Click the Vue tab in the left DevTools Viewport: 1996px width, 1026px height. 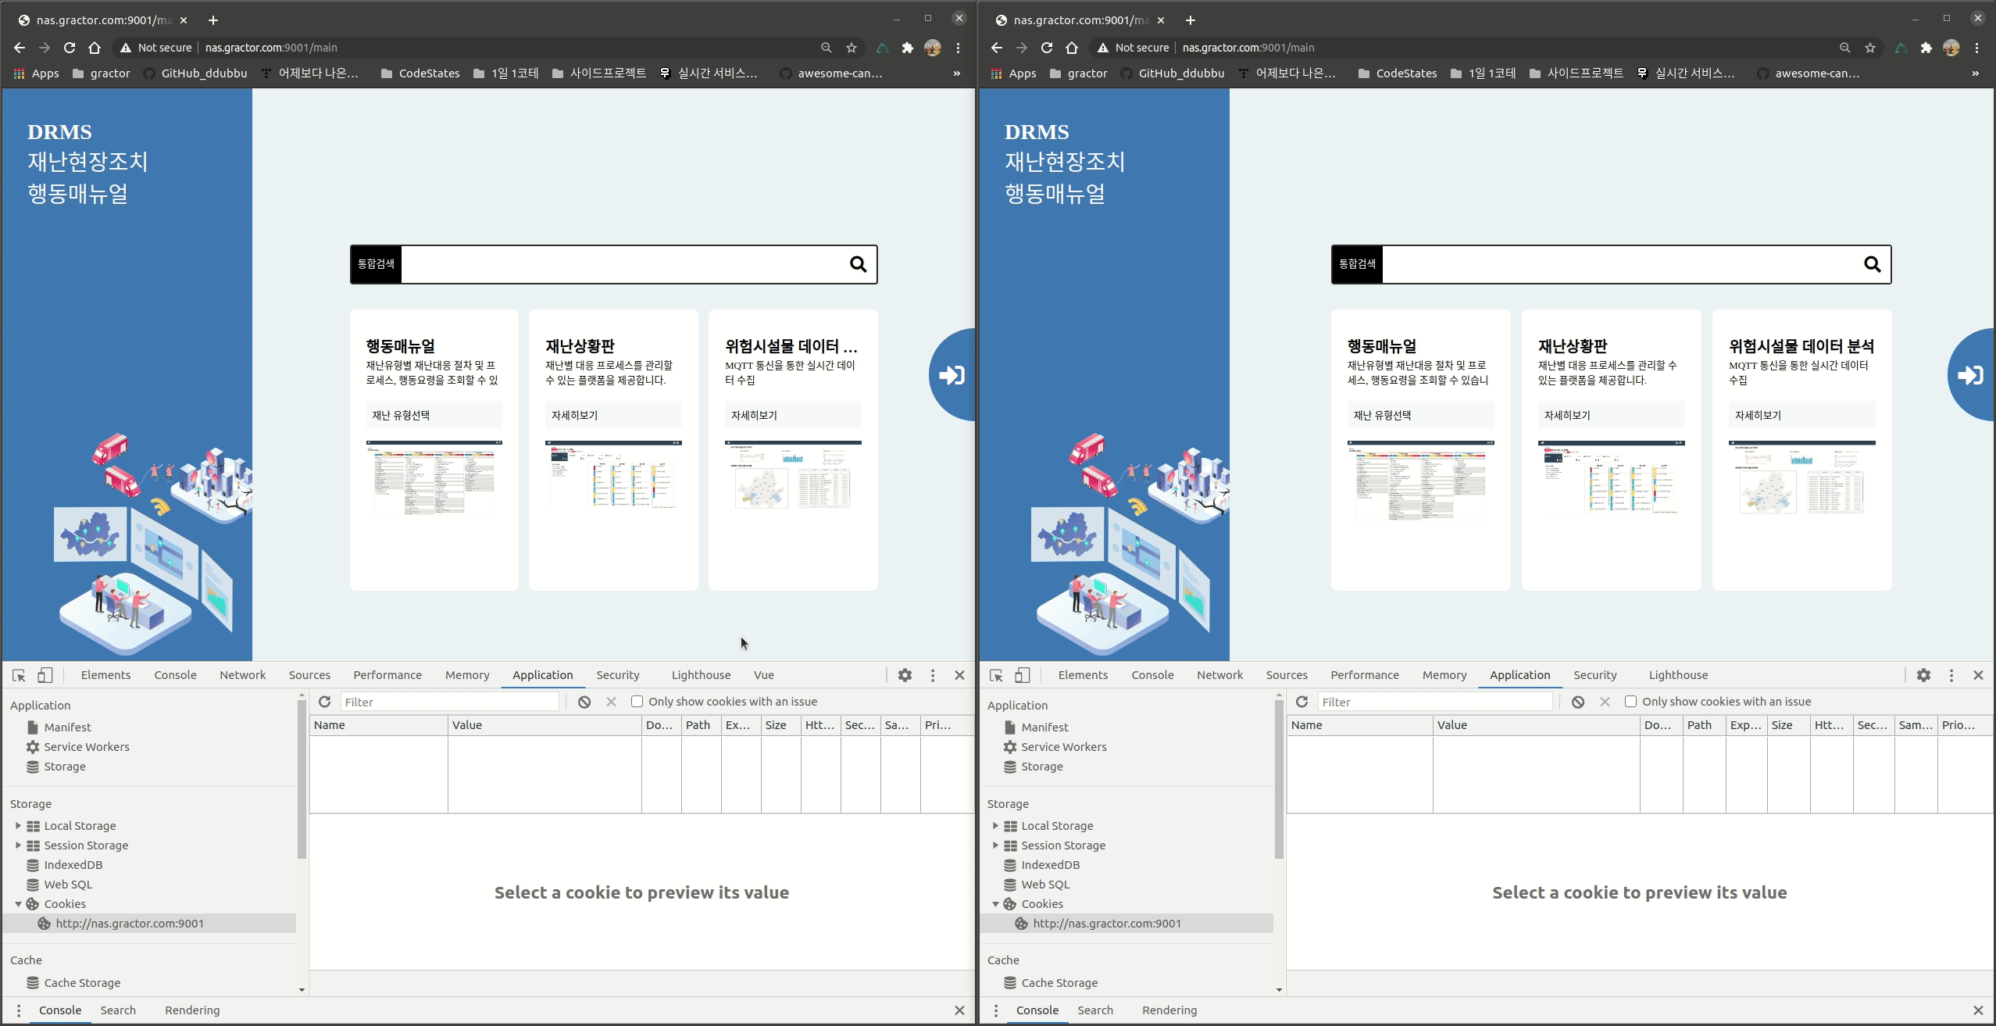763,675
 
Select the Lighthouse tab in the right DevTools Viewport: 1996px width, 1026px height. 1677,675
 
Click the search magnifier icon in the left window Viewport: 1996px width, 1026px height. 858,265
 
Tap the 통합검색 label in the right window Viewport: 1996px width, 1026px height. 1357,264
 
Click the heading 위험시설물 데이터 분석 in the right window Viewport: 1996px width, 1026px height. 1801,346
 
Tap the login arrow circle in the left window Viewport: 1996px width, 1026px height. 953,375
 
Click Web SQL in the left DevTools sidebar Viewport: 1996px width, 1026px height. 68,885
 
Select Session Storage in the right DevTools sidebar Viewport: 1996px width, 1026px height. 1062,845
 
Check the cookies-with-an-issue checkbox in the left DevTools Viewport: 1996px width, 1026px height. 637,702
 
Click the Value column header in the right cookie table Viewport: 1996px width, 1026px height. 1451,725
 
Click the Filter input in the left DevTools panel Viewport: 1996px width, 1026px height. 450,702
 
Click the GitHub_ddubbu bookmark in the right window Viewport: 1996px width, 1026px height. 1180,73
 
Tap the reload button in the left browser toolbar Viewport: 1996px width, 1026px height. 70,48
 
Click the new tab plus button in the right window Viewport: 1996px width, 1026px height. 1190,20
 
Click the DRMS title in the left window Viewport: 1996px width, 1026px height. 59,132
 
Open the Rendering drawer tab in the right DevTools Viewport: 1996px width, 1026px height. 1169,1010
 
